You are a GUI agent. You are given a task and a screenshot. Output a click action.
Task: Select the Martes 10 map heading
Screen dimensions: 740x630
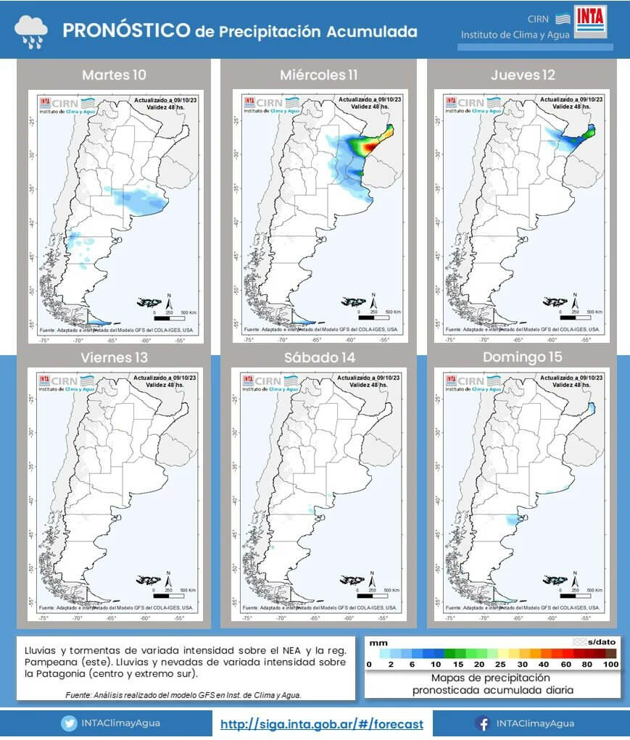coord(114,75)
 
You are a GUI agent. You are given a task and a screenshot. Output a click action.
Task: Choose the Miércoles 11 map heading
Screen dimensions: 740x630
coord(318,75)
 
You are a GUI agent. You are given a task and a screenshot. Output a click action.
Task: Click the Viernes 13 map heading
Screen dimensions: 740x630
coord(114,357)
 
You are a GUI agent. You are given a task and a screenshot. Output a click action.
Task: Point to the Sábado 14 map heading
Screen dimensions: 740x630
coord(318,357)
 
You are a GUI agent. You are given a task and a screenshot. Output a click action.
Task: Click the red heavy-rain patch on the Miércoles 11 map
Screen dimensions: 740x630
coord(370,147)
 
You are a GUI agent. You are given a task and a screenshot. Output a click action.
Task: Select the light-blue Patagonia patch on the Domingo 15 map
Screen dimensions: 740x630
coord(514,519)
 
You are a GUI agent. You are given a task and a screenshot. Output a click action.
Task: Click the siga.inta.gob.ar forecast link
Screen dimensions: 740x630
coord(321,723)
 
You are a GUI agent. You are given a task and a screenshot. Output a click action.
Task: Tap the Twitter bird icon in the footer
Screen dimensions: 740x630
coord(70,723)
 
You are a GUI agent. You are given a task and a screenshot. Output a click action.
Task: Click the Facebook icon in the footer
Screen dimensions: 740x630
coord(481,723)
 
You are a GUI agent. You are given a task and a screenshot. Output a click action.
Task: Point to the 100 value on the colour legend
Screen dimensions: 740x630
coord(610,665)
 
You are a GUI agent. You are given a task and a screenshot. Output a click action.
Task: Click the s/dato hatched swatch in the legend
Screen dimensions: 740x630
coord(579,642)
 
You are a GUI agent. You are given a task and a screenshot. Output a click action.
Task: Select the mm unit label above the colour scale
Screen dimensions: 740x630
coord(377,642)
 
